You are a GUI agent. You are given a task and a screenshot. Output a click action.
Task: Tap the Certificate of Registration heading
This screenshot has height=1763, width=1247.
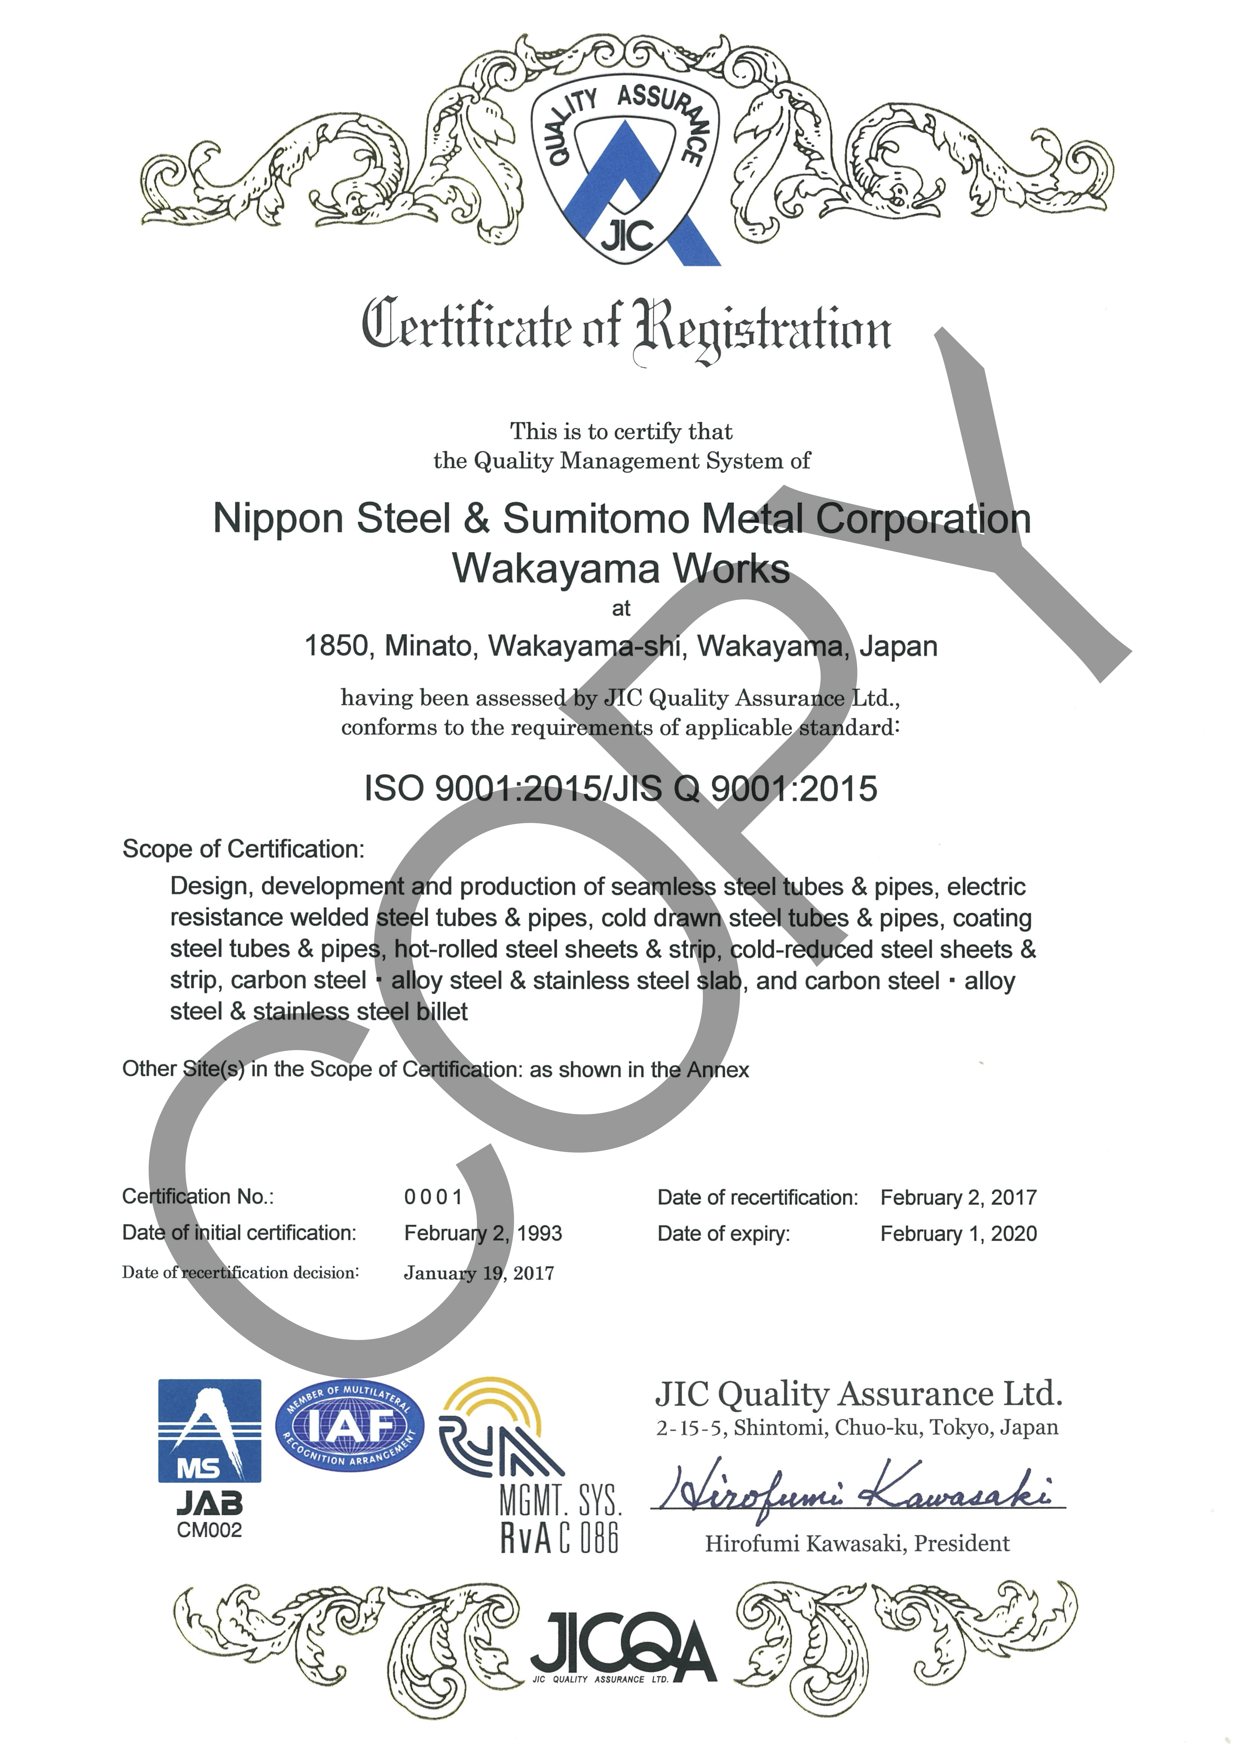(626, 328)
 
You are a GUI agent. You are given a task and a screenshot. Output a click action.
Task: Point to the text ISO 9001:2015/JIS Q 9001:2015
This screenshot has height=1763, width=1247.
(620, 789)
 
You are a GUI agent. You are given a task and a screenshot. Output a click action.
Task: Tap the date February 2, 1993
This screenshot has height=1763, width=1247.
(483, 1233)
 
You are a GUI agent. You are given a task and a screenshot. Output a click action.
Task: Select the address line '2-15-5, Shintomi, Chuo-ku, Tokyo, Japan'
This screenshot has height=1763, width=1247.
(857, 1428)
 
